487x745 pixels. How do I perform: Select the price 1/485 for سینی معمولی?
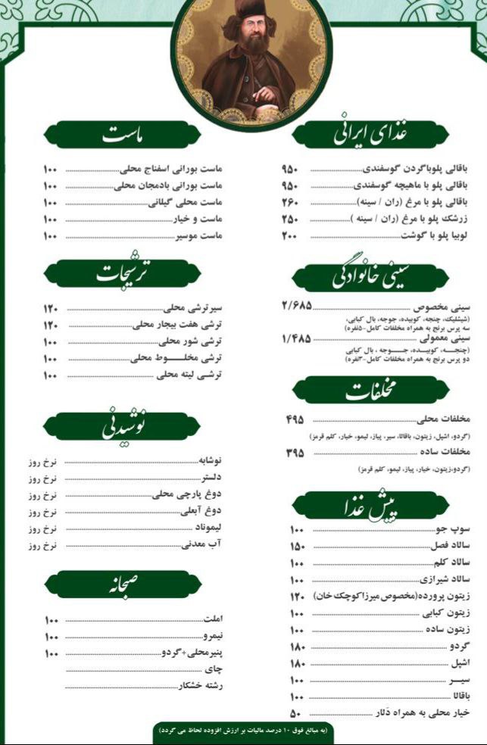295,338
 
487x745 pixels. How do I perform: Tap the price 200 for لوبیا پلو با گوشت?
290,235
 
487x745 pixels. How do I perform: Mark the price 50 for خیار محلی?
295,713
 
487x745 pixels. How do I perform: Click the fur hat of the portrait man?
247,11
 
